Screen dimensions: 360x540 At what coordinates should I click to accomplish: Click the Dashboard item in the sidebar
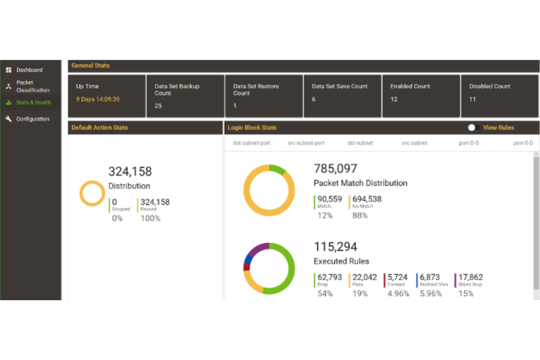[29, 70]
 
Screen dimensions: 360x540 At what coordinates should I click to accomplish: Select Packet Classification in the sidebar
[32, 86]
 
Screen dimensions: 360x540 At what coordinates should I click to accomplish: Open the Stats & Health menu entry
[33, 102]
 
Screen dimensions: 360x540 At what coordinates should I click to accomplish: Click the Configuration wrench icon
[8, 119]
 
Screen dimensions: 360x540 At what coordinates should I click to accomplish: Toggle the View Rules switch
[474, 128]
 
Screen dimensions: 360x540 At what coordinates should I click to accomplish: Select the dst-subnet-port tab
[251, 143]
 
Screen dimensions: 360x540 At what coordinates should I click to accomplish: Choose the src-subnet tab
[414, 143]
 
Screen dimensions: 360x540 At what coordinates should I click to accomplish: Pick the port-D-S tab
[469, 143]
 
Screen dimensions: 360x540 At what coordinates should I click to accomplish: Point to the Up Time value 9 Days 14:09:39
[97, 99]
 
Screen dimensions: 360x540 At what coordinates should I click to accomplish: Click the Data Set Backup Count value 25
[158, 106]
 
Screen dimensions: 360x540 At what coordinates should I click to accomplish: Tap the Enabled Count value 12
[394, 99]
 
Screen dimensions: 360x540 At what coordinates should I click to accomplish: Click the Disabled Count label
[490, 86]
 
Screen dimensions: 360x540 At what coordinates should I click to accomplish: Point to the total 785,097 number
[335, 169]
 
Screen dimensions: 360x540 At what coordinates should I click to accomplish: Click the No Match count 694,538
[367, 199]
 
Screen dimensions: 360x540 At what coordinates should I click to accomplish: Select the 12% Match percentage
[325, 216]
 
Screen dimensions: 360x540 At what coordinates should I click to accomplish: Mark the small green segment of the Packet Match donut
[278, 169]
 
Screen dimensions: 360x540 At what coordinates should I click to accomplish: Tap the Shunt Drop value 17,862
[470, 277]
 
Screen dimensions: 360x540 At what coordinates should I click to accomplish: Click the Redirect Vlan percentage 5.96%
[431, 294]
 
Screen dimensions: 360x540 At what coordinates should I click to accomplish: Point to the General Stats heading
[90, 66]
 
